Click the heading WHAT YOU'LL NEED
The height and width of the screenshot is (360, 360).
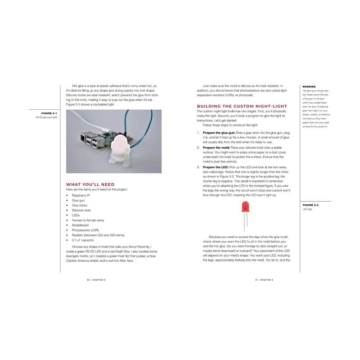point(90,184)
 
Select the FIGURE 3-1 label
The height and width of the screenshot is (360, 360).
point(49,112)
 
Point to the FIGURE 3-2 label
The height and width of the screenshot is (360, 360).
point(310,204)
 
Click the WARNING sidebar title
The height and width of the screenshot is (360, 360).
point(309,86)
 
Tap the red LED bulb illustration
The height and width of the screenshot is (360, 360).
point(245,207)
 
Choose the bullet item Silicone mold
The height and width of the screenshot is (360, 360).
point(81,210)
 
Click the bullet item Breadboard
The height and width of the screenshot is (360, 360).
point(80,225)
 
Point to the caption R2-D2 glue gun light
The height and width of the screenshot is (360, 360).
point(47,117)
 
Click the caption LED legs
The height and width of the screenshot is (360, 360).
point(307,209)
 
